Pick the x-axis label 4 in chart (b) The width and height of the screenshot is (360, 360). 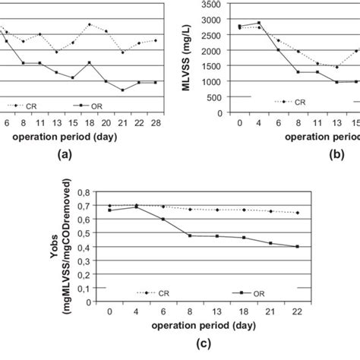[x=258, y=122]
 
